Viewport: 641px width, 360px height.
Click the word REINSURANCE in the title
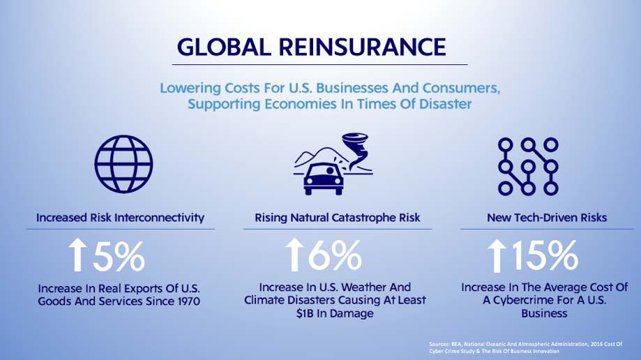pos(362,47)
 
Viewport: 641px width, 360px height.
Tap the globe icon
pos(123,164)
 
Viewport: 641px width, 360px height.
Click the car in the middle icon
pos(324,179)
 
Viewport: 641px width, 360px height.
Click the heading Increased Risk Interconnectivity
pos(120,218)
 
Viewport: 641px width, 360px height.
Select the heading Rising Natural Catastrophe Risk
pos(338,218)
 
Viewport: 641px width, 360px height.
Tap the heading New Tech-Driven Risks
pos(547,218)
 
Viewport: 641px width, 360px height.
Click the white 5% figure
pos(119,257)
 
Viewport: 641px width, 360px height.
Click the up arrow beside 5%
pos(77,255)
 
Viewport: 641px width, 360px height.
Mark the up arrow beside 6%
pos(294,255)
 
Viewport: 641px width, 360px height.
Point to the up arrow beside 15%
pos(497,256)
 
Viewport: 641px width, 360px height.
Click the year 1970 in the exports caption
pos(189,301)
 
